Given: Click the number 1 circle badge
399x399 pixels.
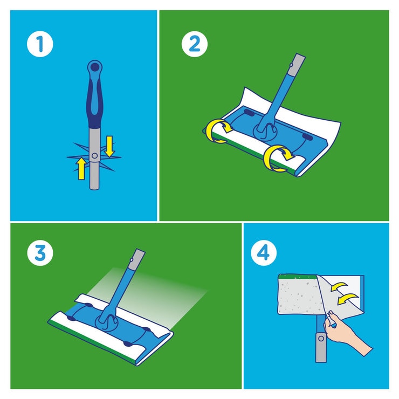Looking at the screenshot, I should point(40,44).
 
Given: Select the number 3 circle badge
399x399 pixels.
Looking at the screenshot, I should point(40,253).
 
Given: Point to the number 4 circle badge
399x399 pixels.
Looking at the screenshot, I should point(264,253).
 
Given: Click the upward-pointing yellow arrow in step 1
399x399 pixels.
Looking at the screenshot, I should point(81,168).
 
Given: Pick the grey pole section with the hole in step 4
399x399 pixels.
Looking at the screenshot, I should point(320,345).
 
